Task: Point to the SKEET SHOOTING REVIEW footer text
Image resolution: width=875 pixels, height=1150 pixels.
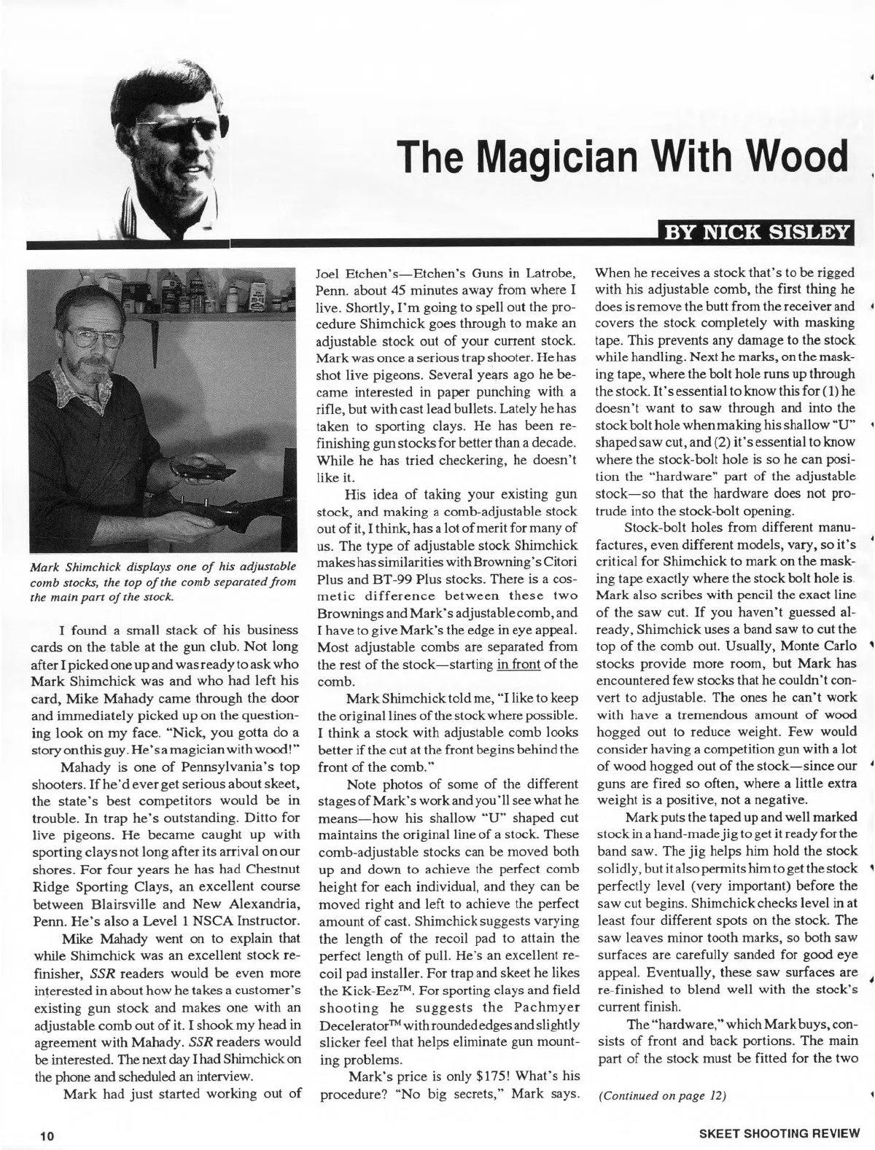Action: point(780,1137)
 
